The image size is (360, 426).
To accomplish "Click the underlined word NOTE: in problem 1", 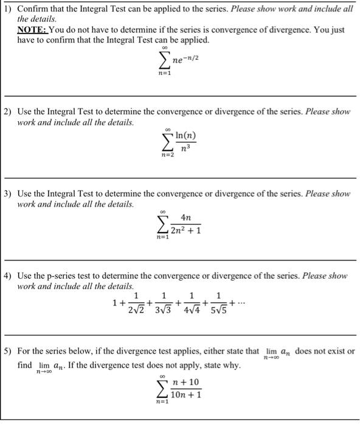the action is pyautogui.click(x=32, y=30).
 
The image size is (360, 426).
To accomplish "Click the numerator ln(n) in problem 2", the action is pyautogui.click(x=185, y=135).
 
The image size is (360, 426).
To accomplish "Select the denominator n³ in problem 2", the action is pyautogui.click(x=185, y=147).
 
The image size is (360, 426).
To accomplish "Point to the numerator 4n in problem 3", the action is pyautogui.click(x=185, y=218).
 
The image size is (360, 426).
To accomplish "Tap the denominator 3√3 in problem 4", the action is pyautogui.click(x=164, y=310).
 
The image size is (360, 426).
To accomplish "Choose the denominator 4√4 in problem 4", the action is pyautogui.click(x=192, y=310).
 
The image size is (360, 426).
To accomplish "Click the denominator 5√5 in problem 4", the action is pyautogui.click(x=219, y=310).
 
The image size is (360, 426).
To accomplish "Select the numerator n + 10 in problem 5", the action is pyautogui.click(x=185, y=383).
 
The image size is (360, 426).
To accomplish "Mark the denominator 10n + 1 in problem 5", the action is pyautogui.click(x=185, y=395).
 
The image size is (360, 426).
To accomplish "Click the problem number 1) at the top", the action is pyautogui.click(x=8, y=9).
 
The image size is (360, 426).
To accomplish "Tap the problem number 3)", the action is pyautogui.click(x=8, y=194).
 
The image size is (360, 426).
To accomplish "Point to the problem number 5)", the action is pyautogui.click(x=8, y=352).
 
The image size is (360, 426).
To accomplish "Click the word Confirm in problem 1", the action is pyautogui.click(x=33, y=9).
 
